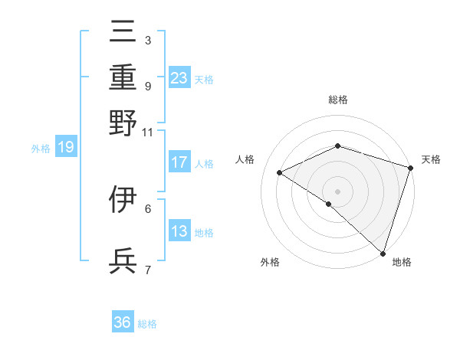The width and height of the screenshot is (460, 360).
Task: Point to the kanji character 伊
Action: coord(123,200)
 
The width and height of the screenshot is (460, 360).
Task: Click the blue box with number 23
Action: coord(179,77)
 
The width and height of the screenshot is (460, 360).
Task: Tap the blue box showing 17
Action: coord(179,162)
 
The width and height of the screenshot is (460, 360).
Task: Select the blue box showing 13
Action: coord(179,232)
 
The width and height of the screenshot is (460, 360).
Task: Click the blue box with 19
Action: coord(65,147)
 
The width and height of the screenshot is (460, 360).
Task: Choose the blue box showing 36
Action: coord(123,323)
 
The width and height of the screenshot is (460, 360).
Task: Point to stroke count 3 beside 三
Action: coord(147,40)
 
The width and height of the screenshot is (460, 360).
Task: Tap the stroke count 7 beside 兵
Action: coord(147,270)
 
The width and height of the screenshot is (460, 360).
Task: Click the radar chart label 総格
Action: coord(337,100)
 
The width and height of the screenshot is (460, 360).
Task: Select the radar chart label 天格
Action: coord(431,159)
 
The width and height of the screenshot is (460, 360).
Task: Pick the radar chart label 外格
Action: coord(270,262)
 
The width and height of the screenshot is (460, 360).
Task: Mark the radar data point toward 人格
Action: coord(280,173)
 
